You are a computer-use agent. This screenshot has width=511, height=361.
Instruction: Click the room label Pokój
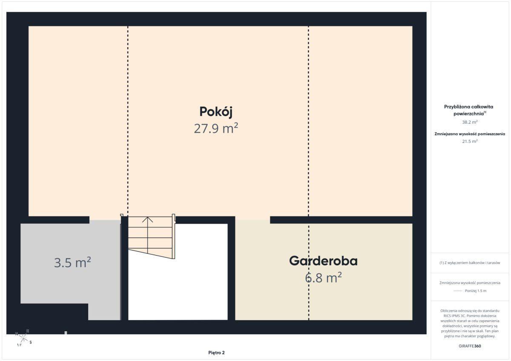[216, 112]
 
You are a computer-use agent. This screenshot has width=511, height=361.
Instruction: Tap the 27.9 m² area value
[216, 128]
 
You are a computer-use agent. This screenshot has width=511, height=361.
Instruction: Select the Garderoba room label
[323, 261]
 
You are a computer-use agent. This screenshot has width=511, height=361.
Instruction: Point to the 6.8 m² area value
[323, 278]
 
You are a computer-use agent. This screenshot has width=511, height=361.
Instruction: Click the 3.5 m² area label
[72, 262]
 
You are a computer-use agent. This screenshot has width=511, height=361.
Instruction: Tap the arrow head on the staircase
[148, 219]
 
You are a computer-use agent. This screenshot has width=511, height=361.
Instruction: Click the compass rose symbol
[23, 338]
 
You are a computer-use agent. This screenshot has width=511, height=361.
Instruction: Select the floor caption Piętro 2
[216, 352]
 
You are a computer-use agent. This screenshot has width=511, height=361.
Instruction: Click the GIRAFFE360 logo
[470, 346]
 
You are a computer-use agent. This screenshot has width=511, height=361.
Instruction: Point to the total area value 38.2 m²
[470, 122]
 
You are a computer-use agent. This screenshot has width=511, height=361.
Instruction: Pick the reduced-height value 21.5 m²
[470, 141]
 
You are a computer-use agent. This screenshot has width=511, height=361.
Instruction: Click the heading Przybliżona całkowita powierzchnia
[468, 110]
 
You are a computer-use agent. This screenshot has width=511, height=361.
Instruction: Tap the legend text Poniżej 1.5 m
[476, 291]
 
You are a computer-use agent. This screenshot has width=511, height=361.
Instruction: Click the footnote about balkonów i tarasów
[470, 263]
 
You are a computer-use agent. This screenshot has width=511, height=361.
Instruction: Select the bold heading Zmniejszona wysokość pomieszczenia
[470, 134]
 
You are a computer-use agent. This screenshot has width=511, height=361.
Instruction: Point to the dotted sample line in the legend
[458, 291]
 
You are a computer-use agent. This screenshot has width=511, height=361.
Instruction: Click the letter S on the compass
[31, 342]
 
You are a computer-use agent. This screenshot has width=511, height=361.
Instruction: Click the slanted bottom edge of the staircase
[151, 254]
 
